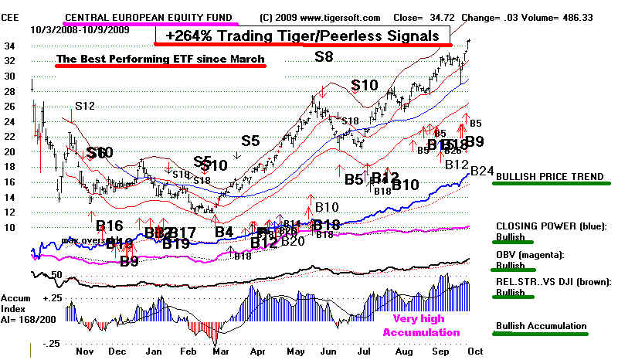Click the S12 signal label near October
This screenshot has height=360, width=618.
[x=84, y=104]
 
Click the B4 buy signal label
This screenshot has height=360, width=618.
[x=223, y=231]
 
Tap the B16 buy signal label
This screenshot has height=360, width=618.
[x=110, y=226]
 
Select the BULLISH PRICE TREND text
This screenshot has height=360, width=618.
[x=550, y=176]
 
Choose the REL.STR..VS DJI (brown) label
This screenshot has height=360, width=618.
[x=553, y=282]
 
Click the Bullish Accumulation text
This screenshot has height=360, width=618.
[x=542, y=326]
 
